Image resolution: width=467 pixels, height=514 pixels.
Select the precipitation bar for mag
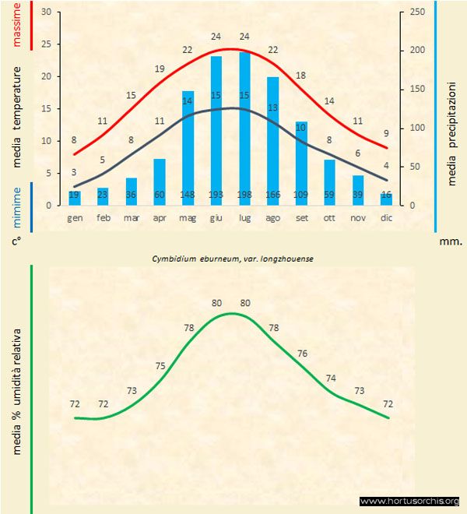click(188, 148)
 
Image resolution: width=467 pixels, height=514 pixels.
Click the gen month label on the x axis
click(75, 218)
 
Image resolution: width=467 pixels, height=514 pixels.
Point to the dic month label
click(386, 218)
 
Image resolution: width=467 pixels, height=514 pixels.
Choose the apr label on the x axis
click(160, 218)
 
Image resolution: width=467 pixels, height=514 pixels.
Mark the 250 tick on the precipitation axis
click(417, 12)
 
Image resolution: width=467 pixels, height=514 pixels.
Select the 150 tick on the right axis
click(417, 90)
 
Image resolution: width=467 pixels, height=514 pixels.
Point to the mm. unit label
click(451, 241)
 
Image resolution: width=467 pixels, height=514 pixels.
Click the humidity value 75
click(160, 366)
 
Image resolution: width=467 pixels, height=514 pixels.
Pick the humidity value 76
click(301, 354)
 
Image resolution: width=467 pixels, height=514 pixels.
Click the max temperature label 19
click(160, 69)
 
